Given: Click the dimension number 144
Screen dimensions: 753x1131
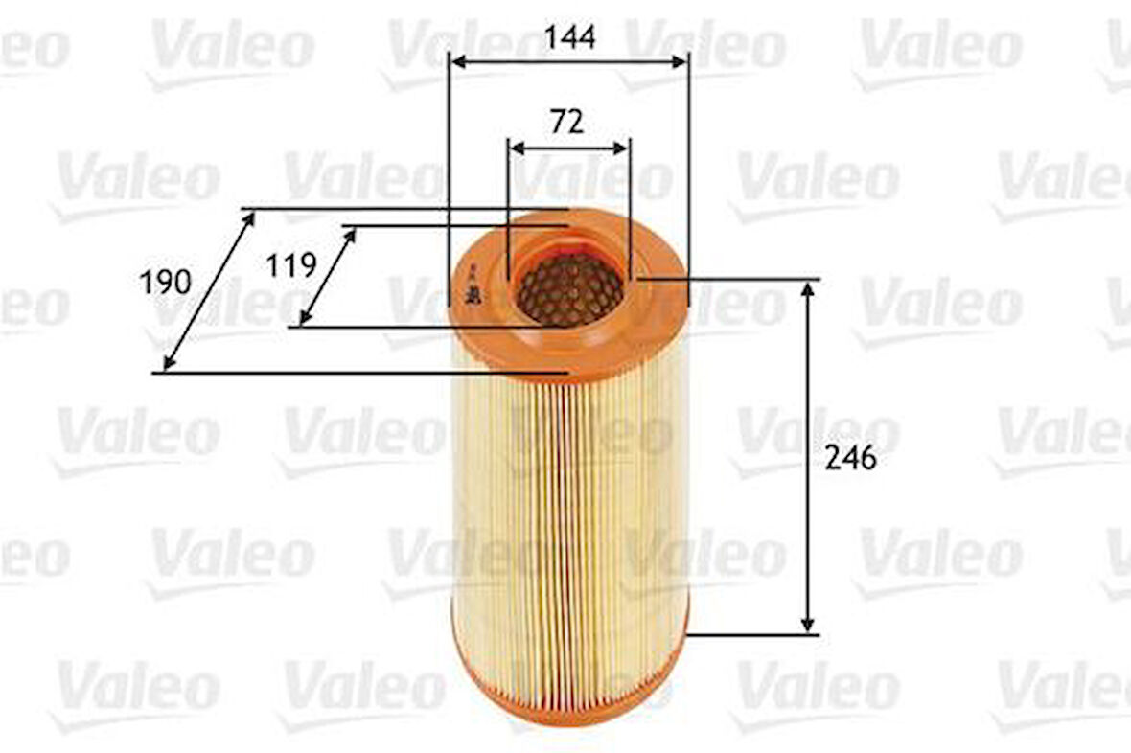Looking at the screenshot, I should (x=569, y=37).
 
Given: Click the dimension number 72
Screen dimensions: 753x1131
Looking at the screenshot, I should (x=567, y=123).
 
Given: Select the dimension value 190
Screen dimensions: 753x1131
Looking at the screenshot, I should (x=165, y=283).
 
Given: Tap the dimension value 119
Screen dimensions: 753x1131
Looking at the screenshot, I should (x=291, y=264).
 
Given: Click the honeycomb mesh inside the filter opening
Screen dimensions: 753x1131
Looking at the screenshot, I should (x=569, y=289).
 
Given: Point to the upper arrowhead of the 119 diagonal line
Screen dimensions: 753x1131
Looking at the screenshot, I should (x=351, y=235).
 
